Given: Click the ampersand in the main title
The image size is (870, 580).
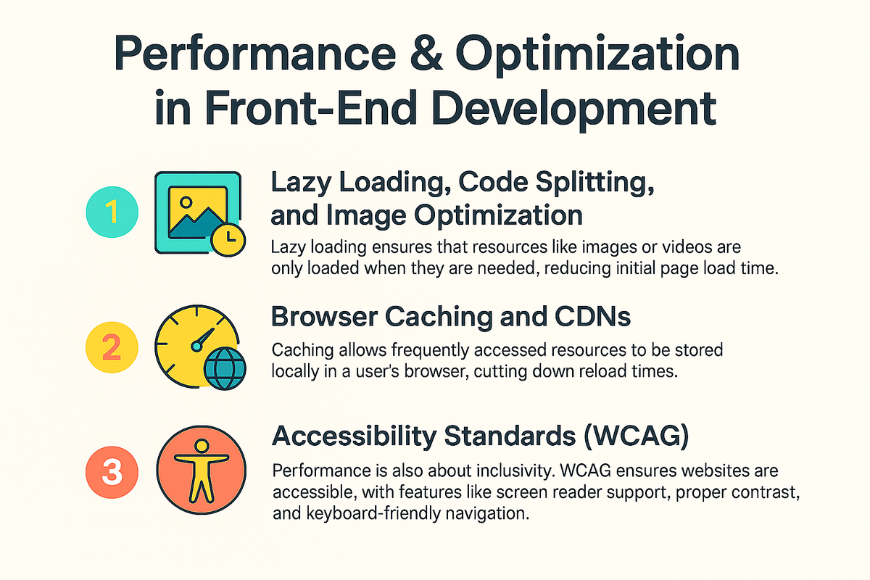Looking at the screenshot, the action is (426, 53).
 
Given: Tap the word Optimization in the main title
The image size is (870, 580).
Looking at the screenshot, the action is (597, 57).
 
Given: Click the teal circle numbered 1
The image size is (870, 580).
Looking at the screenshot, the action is (112, 212).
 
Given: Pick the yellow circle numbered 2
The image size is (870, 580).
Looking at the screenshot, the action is (112, 347).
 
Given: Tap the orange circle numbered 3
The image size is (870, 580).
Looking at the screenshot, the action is (112, 472).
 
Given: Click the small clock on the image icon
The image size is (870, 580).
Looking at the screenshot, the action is (228, 240).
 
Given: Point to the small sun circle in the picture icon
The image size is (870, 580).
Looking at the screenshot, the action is (186, 202).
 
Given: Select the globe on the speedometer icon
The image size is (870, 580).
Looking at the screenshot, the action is (225, 369).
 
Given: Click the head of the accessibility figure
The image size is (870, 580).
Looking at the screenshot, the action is (202, 446).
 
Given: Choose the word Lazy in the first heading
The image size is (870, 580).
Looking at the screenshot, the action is (301, 183).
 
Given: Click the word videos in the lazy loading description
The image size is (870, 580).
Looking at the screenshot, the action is (687, 247).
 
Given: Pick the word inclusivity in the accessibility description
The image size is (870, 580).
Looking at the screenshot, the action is (514, 471).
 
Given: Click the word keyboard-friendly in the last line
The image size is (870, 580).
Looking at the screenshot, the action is (373, 514).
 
